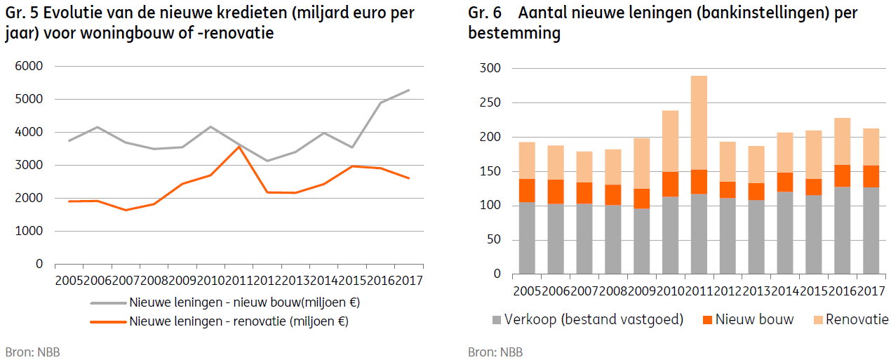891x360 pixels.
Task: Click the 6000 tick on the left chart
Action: point(29,66)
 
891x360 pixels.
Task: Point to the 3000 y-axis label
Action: point(29,165)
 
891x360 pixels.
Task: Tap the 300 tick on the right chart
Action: point(490,68)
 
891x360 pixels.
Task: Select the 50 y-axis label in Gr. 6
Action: point(494,239)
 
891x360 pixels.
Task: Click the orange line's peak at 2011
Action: point(239,147)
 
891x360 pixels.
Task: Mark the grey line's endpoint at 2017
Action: point(409,91)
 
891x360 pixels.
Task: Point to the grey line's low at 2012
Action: point(267,161)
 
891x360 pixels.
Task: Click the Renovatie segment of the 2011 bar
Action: point(699,123)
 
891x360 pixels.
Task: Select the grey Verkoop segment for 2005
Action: point(527,238)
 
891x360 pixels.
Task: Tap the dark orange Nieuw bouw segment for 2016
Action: point(842,176)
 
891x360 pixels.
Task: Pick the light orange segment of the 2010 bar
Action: point(670,141)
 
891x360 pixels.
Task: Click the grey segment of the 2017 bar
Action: point(871,231)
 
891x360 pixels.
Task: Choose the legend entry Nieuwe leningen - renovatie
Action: point(239,321)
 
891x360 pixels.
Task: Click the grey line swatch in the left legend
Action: point(108,303)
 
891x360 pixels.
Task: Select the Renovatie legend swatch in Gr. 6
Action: point(818,320)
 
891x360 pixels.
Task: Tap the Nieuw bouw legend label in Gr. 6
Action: point(754,319)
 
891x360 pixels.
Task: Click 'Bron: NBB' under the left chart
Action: point(32,352)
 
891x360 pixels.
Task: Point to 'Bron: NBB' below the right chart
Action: point(495,352)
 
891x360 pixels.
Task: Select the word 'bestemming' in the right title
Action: point(514,33)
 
